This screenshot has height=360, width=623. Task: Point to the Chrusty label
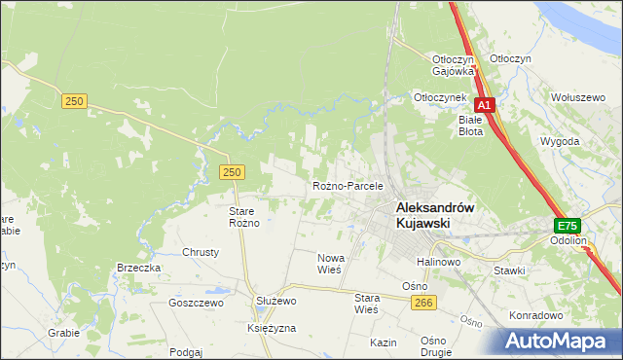[x=201, y=252]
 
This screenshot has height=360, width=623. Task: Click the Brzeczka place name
[x=137, y=268]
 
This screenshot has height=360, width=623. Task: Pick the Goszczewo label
[x=196, y=303]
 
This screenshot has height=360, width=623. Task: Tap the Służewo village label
[x=275, y=302]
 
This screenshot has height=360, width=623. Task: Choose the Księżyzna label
[x=272, y=329]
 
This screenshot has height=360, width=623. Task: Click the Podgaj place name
[x=185, y=352]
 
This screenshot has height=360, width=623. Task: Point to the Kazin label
[x=383, y=343]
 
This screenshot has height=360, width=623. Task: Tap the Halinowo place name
[x=438, y=263]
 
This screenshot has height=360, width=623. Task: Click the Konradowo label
[x=536, y=316]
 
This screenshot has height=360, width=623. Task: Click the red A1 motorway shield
[x=485, y=106]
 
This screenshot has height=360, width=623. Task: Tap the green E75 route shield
[x=568, y=224]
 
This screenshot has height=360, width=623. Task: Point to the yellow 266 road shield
[x=422, y=304]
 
